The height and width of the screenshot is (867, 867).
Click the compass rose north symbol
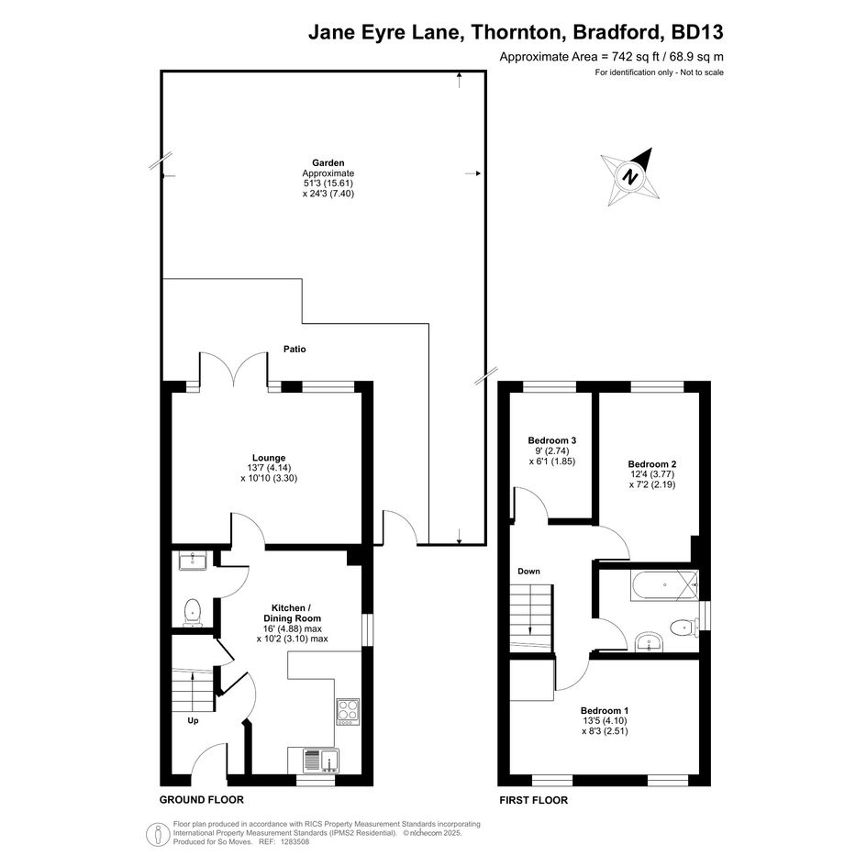630,177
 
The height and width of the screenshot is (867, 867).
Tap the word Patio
295,349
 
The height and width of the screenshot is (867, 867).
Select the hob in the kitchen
348,712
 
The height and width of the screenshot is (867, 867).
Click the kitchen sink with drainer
321,761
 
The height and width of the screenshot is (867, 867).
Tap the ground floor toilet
193,612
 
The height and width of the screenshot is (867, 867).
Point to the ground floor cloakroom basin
193,561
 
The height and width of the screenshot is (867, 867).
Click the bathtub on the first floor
664,586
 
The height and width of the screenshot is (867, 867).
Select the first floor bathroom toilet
684,628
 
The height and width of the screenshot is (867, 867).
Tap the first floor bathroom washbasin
650,642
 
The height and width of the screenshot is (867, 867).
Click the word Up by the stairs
193,720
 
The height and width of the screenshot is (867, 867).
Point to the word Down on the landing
528,572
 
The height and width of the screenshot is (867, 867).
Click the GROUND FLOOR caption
201,799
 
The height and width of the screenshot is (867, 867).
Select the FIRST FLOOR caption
534,800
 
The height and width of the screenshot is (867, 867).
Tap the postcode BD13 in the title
696,32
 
